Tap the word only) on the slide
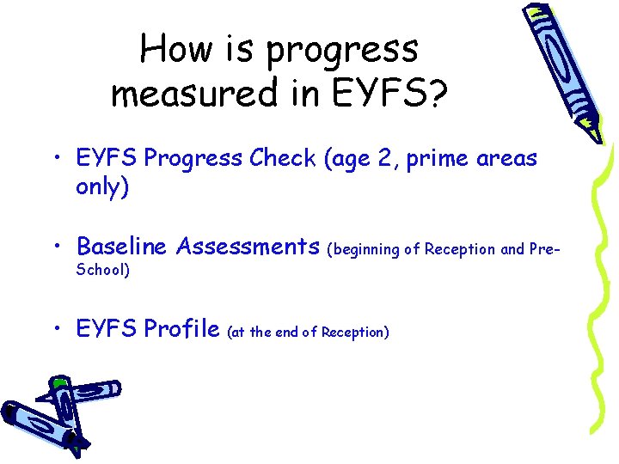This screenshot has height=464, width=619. [x=102, y=187]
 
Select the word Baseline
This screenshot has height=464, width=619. [x=122, y=247]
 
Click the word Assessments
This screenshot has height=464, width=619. [x=247, y=247]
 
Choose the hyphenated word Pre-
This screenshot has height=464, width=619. [x=543, y=249]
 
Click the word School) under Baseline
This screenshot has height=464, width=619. [x=103, y=270]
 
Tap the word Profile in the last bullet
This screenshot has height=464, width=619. [x=182, y=329]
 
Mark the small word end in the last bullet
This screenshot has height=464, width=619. [x=286, y=333]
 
